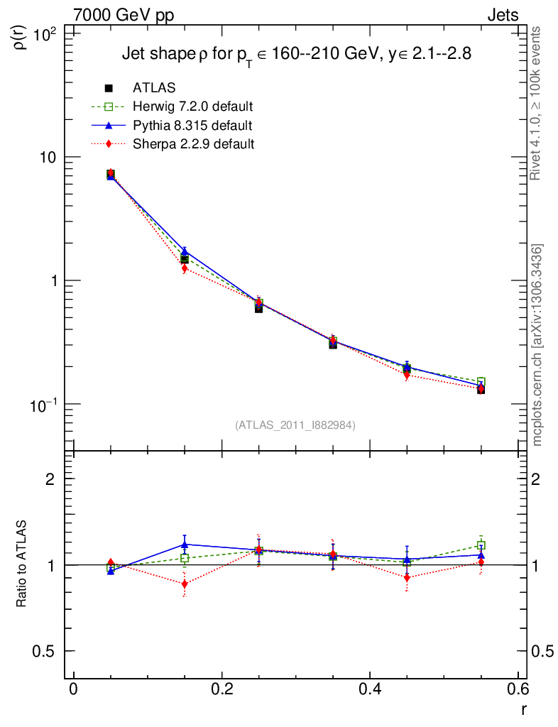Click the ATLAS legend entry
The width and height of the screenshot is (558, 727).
[x=154, y=88]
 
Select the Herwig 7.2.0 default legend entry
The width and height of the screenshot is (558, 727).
[x=192, y=107]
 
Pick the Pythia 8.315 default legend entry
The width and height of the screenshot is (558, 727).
[x=192, y=126]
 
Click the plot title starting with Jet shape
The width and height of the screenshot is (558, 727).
[x=296, y=54]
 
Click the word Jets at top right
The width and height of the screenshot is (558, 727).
[x=503, y=15]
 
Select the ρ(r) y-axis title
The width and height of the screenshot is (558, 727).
[x=21, y=35]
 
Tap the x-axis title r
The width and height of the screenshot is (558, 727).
[x=524, y=709]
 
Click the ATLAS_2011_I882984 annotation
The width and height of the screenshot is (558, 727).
[x=295, y=425]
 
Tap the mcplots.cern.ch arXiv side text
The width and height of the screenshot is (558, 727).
[x=538, y=345]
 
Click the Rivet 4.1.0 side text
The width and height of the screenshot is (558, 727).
[x=537, y=104]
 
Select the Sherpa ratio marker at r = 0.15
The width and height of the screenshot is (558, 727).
[x=185, y=584]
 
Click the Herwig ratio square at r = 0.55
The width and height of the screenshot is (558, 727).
[x=481, y=545]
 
